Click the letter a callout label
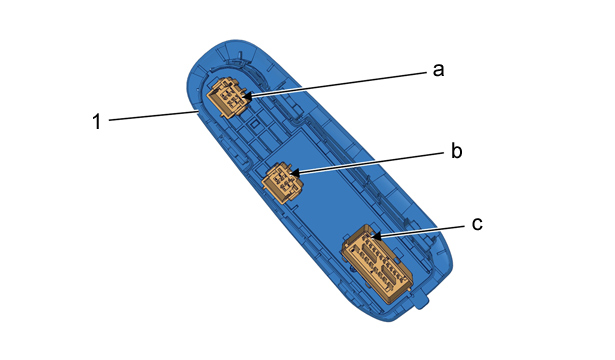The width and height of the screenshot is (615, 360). coord(439,70)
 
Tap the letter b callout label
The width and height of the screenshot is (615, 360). coord(457,151)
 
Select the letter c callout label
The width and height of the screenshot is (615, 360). coord(477,224)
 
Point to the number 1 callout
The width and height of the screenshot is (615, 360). coord(97,121)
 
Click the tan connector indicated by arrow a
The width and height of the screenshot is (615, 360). coord(229,98)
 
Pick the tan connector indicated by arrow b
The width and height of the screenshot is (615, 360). coord(282,182)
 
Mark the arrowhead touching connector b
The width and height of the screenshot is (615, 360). coord(294,173)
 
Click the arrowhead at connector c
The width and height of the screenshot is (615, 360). coord(376,236)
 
